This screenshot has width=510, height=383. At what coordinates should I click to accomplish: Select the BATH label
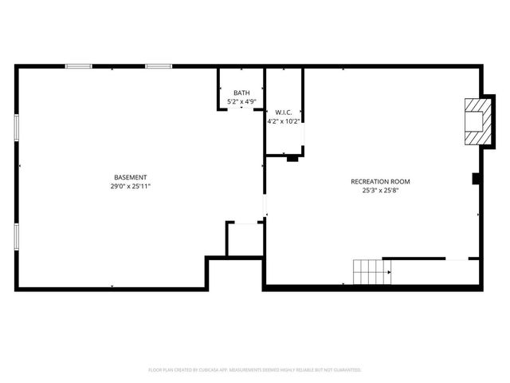(x=241, y=93)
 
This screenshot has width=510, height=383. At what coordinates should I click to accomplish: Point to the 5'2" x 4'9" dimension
(x=241, y=102)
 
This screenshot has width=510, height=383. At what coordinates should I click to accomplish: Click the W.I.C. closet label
(x=284, y=113)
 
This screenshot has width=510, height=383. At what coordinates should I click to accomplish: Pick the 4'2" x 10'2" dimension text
(x=284, y=121)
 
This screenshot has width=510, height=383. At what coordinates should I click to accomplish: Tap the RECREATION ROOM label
(x=381, y=182)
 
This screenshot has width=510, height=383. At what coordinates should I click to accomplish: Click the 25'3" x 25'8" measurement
(x=381, y=191)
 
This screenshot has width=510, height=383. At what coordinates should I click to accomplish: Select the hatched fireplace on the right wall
(x=477, y=122)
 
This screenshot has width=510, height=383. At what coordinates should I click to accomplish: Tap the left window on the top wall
(x=77, y=66)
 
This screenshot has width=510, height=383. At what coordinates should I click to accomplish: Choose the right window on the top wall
(x=158, y=66)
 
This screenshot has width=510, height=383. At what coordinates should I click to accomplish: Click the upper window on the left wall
(x=16, y=128)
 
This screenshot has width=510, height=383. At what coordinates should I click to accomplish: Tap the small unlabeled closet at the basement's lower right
(x=245, y=240)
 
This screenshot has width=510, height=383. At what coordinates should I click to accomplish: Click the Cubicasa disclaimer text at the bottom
(x=255, y=370)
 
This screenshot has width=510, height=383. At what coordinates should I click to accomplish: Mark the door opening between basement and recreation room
(x=265, y=205)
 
